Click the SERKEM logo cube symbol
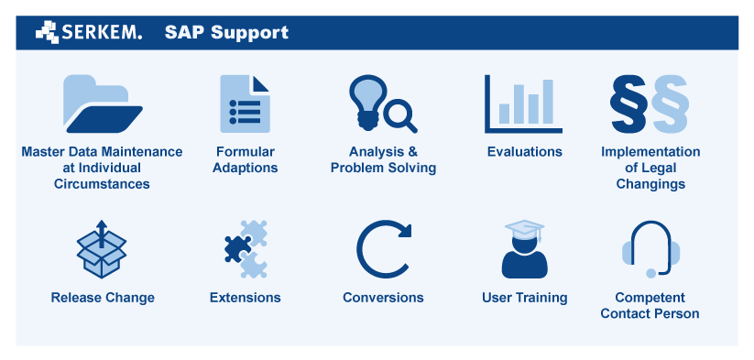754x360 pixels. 47,32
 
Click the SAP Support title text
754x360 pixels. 226,32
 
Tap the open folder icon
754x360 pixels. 103,104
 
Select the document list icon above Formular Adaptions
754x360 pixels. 245,104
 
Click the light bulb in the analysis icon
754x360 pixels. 368,101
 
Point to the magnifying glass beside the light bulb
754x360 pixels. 400,118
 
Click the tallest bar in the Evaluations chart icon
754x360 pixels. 548,102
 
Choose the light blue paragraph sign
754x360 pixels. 671,104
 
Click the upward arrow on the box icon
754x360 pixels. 101,234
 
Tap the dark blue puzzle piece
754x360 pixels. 237,249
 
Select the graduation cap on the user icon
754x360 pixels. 525,229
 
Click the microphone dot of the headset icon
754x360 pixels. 650,274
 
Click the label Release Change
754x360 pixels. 103,298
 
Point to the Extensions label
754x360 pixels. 246,298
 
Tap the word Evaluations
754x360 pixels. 525,152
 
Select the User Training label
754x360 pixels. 525,298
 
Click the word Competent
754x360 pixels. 650,298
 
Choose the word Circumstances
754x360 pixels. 102,184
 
